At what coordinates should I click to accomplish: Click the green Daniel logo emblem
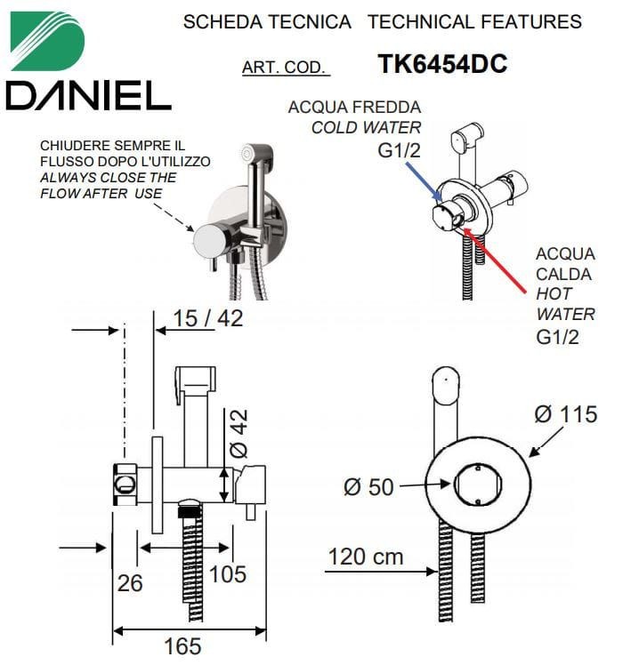point(47,41)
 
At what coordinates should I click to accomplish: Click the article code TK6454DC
point(442,64)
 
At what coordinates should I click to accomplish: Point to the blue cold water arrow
point(424,181)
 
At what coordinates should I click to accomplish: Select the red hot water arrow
point(495,260)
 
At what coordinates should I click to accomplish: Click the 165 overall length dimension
point(182,646)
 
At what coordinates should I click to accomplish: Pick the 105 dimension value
point(228,574)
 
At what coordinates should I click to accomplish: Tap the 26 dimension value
point(130,583)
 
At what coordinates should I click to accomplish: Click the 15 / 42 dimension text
point(208,318)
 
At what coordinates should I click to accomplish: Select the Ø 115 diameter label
point(566,414)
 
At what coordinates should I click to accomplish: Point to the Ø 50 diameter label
point(368,487)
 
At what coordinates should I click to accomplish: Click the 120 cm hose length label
point(366,557)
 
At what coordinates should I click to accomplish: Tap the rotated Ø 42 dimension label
point(239,434)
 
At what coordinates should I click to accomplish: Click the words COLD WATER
point(366,128)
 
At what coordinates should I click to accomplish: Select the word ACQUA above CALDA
point(565,254)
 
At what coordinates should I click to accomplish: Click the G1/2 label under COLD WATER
point(399,150)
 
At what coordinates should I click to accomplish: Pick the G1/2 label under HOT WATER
point(557,338)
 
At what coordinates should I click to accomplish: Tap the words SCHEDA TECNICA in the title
point(267,22)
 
